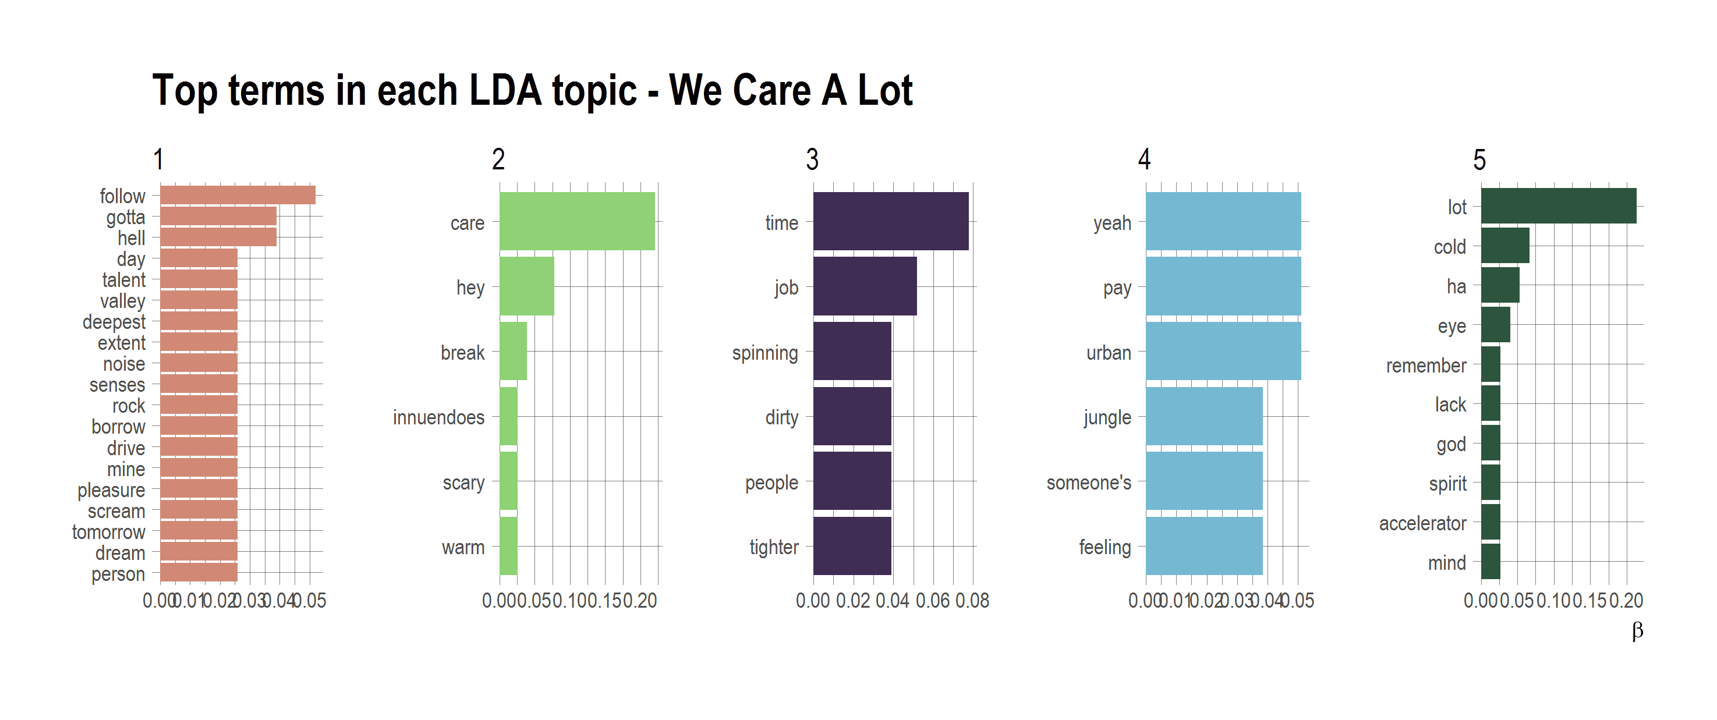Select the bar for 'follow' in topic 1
238,195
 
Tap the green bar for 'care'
576,221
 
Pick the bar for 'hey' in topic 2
526,286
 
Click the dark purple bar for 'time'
890,221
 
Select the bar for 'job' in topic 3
865,286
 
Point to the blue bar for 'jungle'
1204,416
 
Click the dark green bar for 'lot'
1559,206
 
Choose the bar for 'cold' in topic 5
1505,246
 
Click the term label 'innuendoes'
438,417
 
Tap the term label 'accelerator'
1422,523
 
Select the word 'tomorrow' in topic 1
109,532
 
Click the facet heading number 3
812,160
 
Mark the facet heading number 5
1479,160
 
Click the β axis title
1637,630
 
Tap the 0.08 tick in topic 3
972,601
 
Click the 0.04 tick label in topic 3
893,601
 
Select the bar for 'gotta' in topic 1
218,216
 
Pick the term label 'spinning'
764,353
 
